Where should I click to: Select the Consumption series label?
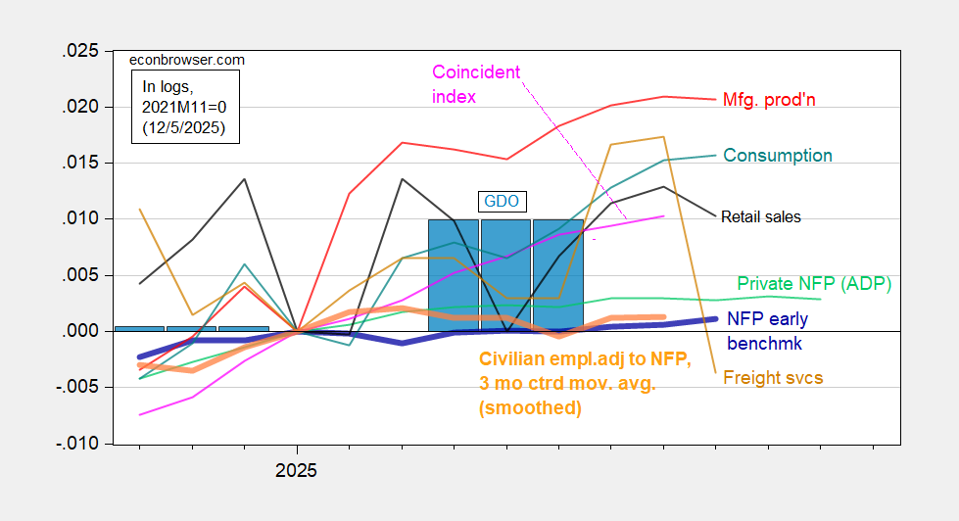tap(778, 156)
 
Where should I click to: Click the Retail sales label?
tap(760, 216)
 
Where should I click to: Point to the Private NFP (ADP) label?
tap(813, 284)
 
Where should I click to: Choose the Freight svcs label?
tap(773, 377)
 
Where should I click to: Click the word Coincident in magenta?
tap(476, 72)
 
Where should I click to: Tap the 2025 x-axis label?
tap(296, 470)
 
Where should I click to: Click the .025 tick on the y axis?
tap(81, 51)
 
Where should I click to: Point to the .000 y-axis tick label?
tap(81, 331)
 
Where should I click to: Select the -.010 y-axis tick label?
tap(78, 444)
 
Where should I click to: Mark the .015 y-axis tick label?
tap(81, 163)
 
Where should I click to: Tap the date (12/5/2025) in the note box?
tap(183, 128)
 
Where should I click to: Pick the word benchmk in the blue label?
tap(764, 344)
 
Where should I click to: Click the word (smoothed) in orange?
tap(530, 408)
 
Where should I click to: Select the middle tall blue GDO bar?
tap(505, 274)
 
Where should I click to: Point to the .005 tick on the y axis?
tap(81, 275)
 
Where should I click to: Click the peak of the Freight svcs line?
tap(663, 137)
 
